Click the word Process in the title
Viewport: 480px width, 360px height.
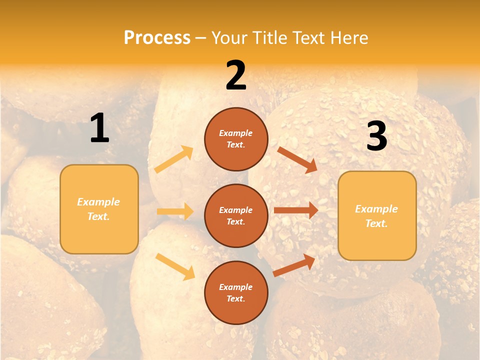(x=157, y=38)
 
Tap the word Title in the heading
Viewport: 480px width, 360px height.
(x=268, y=38)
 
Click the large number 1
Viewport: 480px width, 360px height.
(x=99, y=128)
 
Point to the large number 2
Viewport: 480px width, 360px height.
(x=236, y=75)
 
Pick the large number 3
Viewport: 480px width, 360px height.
(x=377, y=136)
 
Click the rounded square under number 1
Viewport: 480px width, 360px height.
(x=99, y=209)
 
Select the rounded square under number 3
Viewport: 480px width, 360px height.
(x=377, y=215)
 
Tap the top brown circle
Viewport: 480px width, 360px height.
(x=236, y=139)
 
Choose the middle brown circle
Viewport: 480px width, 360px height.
(x=236, y=215)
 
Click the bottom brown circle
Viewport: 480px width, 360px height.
(x=236, y=292)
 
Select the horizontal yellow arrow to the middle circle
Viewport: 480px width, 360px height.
(x=175, y=211)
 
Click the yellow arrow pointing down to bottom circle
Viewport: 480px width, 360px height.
(x=175, y=266)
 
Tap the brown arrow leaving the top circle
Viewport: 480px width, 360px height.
(x=297, y=159)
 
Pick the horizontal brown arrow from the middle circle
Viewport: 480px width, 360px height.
(x=296, y=210)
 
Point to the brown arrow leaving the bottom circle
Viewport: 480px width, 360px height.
(x=294, y=264)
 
